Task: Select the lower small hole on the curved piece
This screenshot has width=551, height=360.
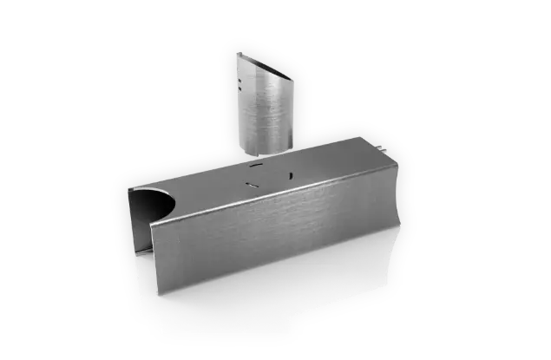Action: coord(239,88)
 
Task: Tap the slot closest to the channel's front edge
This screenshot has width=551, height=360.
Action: coord(253,185)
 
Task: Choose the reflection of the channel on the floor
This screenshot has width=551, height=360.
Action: coord(260,304)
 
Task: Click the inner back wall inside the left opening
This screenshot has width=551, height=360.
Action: coord(139,217)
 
